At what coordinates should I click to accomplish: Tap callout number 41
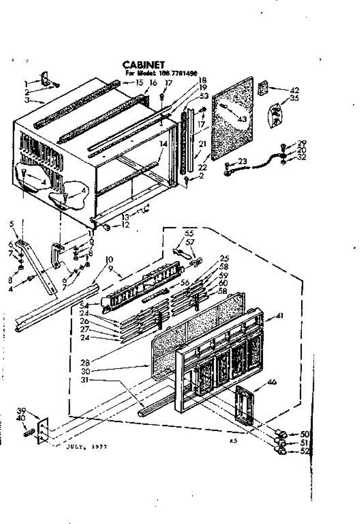(279, 317)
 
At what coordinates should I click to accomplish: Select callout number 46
(272, 382)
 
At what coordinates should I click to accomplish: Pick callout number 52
(305, 451)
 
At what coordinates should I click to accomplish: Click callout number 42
(295, 90)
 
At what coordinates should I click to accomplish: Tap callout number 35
(295, 98)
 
